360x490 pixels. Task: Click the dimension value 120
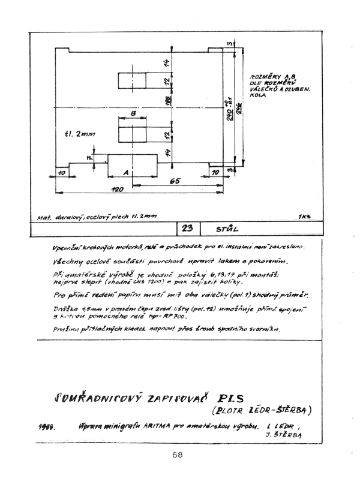point(117,189)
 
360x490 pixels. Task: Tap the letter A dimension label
point(125,172)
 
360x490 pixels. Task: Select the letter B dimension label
point(133,113)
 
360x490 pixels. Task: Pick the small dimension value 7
point(88,157)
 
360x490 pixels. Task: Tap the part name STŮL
point(228,229)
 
